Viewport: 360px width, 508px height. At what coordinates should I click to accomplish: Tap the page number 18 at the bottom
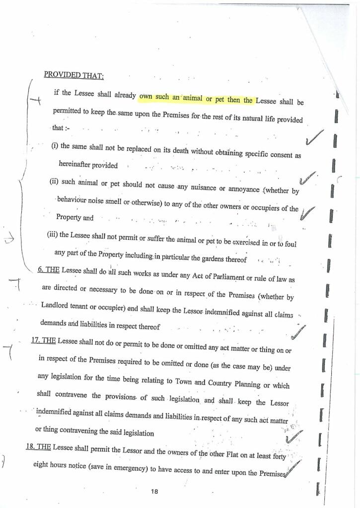click(154, 491)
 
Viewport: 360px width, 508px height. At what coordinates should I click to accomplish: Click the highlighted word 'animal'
click(189, 98)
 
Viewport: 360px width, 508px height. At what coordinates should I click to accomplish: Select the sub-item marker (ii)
click(55, 182)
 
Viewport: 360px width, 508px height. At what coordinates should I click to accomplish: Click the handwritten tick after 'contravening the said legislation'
click(294, 437)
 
